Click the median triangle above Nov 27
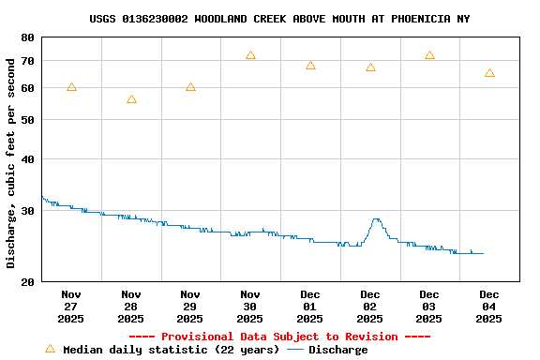pos(71,87)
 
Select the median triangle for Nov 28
pos(131,99)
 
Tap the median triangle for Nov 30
pos(250,55)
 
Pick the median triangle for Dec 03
pos(429,55)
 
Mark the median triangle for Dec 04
pos(489,73)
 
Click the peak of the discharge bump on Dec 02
pos(376,219)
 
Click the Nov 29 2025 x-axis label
pos(190,307)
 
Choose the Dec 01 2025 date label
pos(310,307)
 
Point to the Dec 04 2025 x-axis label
pos(489,307)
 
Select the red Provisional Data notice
pos(279,337)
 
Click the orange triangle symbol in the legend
pos(50,349)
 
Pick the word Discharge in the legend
pos(337,350)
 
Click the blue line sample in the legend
pos(295,350)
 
